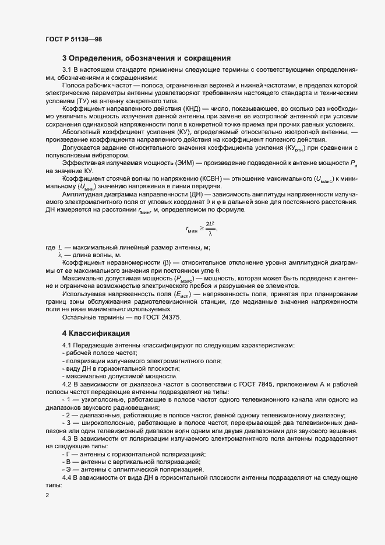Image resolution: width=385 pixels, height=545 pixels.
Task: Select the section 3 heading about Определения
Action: point(147,58)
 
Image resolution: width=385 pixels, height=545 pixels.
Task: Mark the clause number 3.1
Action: point(67,70)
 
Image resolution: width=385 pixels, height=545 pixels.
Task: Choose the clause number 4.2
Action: point(67,386)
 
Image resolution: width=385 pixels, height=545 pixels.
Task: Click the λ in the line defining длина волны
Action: point(59,255)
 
